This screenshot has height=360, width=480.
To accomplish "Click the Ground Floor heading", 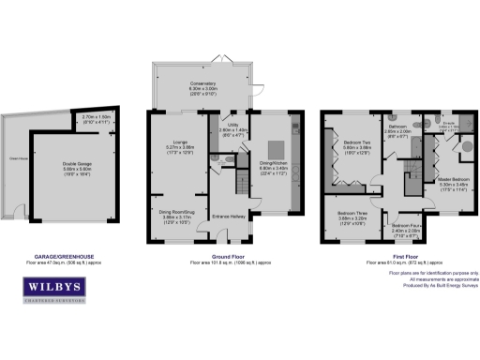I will (223, 257).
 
